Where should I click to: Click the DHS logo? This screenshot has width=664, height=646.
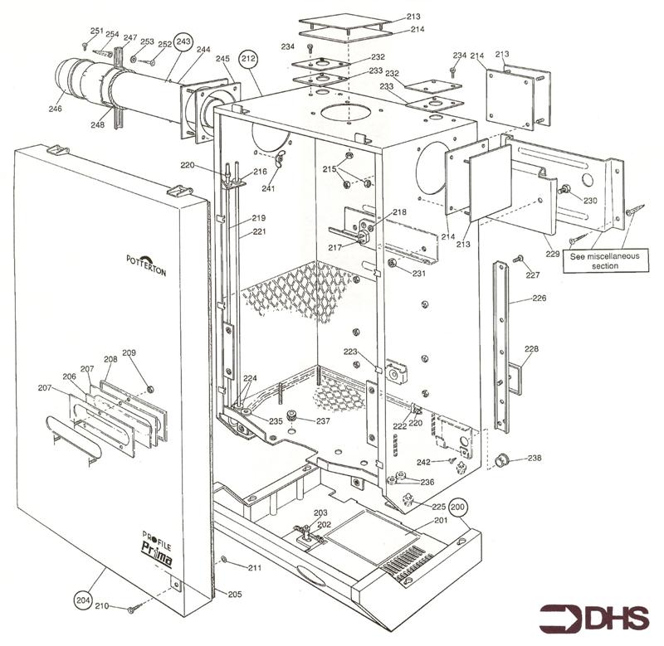[593, 619]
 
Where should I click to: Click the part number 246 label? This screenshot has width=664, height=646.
[55, 109]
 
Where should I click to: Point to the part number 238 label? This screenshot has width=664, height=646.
[535, 458]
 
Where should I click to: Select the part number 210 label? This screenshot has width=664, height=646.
[101, 606]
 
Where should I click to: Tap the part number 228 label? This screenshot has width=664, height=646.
[531, 348]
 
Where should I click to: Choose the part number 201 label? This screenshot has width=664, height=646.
[441, 521]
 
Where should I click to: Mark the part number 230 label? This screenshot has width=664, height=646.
[590, 200]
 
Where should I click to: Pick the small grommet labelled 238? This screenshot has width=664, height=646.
[502, 460]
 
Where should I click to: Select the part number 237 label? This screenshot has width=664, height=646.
[322, 420]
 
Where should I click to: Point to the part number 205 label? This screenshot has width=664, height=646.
[235, 594]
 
